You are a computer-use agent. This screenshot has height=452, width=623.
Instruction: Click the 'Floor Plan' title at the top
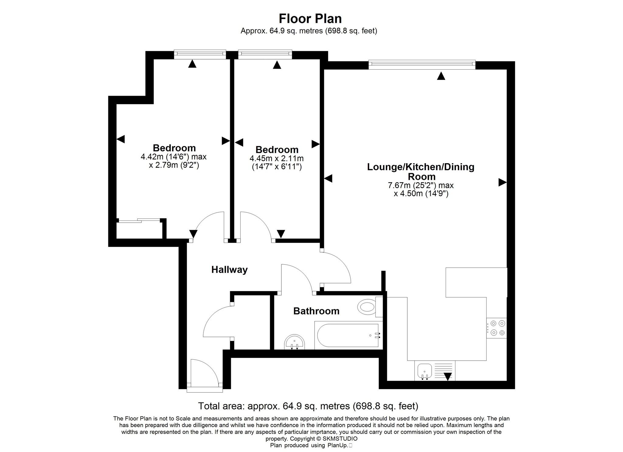pyautogui.click(x=310, y=19)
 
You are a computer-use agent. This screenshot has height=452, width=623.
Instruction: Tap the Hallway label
pyautogui.click(x=229, y=270)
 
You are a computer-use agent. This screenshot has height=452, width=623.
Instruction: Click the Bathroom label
pyautogui.click(x=316, y=311)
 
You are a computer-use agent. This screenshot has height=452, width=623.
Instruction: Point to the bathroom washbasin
pyautogui.click(x=294, y=342)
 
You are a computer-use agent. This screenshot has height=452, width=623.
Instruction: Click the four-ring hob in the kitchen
pyautogui.click(x=496, y=328)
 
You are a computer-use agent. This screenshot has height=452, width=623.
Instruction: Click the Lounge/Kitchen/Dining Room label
pyautogui.click(x=421, y=171)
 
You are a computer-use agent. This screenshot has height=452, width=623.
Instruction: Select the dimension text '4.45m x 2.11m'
pyautogui.click(x=277, y=159)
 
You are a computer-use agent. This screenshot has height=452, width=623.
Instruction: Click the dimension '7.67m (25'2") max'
pyautogui.click(x=421, y=185)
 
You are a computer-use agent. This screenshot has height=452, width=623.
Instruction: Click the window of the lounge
pyautogui.click(x=422, y=63)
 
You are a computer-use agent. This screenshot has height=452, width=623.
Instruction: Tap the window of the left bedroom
pyautogui.click(x=200, y=54)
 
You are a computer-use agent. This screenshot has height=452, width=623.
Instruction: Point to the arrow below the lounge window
pyautogui.click(x=441, y=76)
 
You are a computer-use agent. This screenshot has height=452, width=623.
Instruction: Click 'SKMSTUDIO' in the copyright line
pyautogui.click(x=340, y=439)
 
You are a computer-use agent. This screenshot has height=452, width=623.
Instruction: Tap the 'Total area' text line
pyautogui.click(x=308, y=406)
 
